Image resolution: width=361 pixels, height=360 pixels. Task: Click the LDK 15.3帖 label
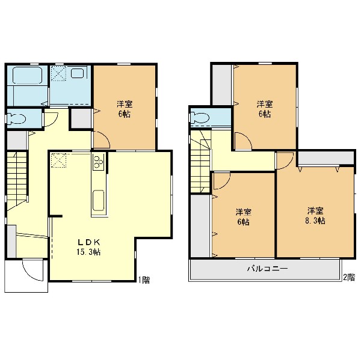coord(88,247)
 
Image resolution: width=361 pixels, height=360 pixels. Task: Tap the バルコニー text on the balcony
coord(268,269)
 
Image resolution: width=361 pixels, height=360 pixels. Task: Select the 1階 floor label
coord(144,280)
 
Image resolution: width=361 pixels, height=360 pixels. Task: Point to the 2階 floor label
coord(349,277)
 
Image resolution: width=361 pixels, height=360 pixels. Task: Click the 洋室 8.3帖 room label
coord(315,216)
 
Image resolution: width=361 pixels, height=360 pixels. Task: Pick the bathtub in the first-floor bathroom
coord(28,75)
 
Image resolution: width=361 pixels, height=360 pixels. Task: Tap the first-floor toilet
coord(17,118)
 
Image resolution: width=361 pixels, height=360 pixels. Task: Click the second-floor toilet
coord(200,117)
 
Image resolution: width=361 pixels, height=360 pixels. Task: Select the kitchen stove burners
coord(99,162)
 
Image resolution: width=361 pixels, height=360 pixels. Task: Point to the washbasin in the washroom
coord(78,73)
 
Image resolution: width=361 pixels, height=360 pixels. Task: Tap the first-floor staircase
coord(17,180)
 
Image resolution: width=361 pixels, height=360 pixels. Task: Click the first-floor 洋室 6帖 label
coord(125,109)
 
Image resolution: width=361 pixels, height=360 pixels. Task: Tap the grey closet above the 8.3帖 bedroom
coord(326,158)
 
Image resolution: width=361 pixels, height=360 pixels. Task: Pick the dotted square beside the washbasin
coord(58,73)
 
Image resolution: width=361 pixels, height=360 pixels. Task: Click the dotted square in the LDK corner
coord(58,161)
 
